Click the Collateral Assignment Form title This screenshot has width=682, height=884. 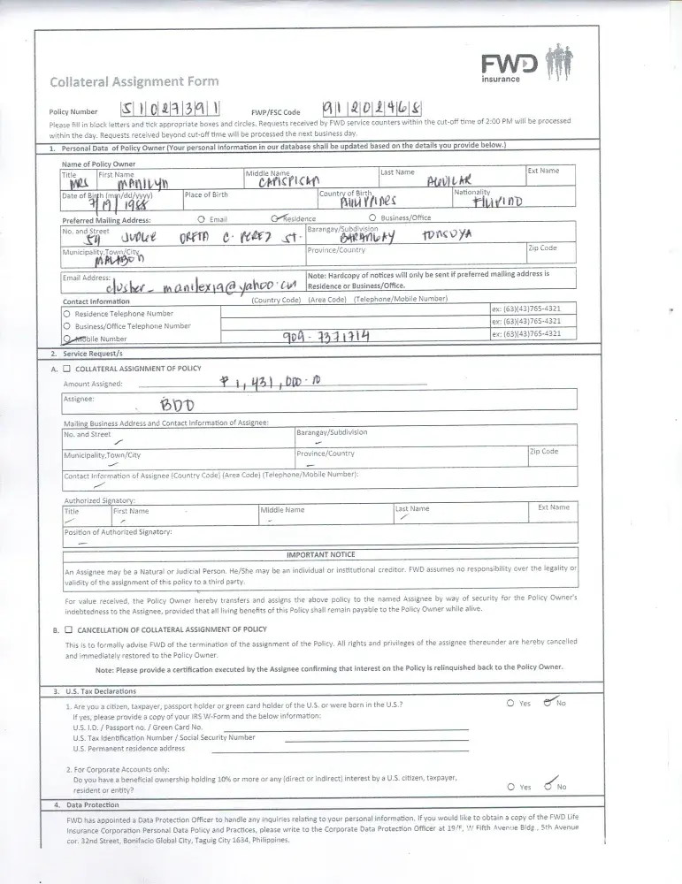[x=134, y=81]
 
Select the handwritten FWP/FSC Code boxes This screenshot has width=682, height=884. [x=372, y=109]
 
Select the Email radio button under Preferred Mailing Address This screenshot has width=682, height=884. [x=203, y=218]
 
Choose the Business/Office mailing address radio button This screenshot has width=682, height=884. [x=372, y=218]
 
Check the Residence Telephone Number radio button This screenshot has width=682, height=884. [x=67, y=314]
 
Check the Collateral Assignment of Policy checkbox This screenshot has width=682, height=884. [x=66, y=369]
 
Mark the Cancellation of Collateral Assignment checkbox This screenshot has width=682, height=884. [x=66, y=629]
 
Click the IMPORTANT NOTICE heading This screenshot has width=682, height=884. [x=320, y=554]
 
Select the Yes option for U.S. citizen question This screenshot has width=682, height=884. [x=510, y=703]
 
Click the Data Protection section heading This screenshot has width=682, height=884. [x=92, y=805]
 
